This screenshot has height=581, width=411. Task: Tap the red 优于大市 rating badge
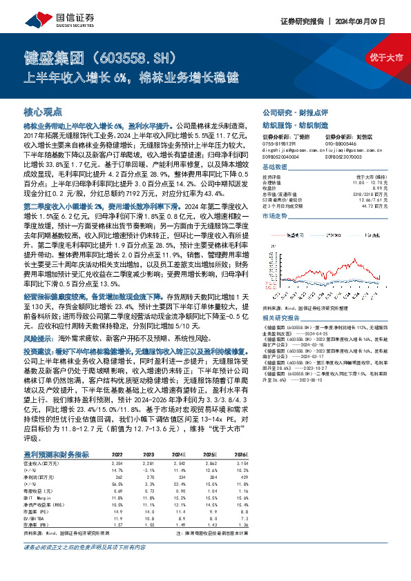click(385, 57)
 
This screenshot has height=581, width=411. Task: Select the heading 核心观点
click(43, 111)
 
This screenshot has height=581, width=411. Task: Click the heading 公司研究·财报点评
click(293, 111)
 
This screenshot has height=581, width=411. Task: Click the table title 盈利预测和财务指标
click(57, 454)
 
